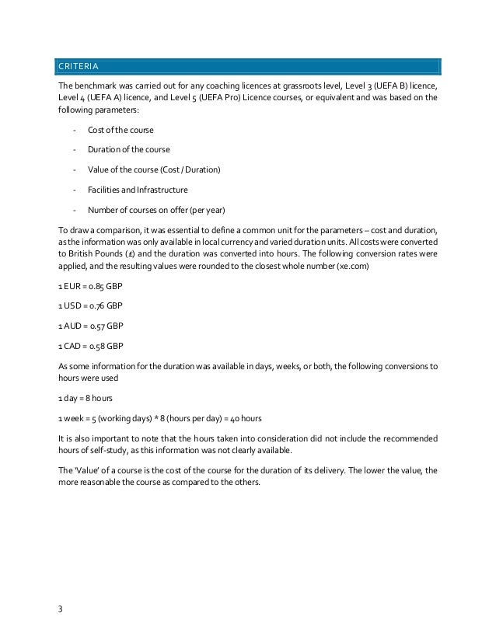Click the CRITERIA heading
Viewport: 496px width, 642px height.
77,64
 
